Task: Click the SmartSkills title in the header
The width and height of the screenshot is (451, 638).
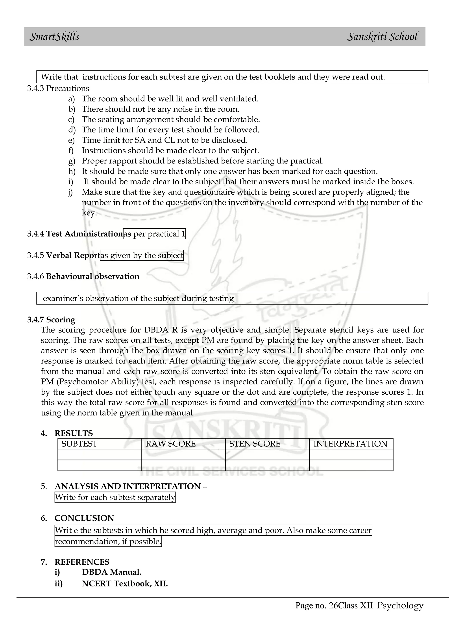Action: point(54,37)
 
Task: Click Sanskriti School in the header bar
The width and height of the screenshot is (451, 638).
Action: point(383,37)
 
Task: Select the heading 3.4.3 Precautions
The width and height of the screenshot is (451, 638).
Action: point(58,88)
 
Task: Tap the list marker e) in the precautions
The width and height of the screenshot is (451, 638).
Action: point(71,140)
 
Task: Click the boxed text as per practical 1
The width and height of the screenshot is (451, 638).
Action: point(154,234)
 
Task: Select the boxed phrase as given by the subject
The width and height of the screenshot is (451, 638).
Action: point(142,255)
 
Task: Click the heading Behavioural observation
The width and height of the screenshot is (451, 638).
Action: point(92,276)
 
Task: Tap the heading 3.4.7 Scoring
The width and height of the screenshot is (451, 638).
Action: point(51,320)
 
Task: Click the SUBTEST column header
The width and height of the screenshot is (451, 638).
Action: point(79,444)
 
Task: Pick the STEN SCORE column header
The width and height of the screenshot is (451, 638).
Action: point(255,444)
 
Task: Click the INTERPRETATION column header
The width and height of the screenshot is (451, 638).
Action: point(350,444)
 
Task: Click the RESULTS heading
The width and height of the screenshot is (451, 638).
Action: point(74,433)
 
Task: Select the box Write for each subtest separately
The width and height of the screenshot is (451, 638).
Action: point(115,497)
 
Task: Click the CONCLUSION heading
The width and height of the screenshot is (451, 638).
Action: point(84,518)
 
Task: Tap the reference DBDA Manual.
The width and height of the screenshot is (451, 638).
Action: point(112,572)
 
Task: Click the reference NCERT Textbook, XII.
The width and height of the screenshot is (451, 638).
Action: point(125,584)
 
